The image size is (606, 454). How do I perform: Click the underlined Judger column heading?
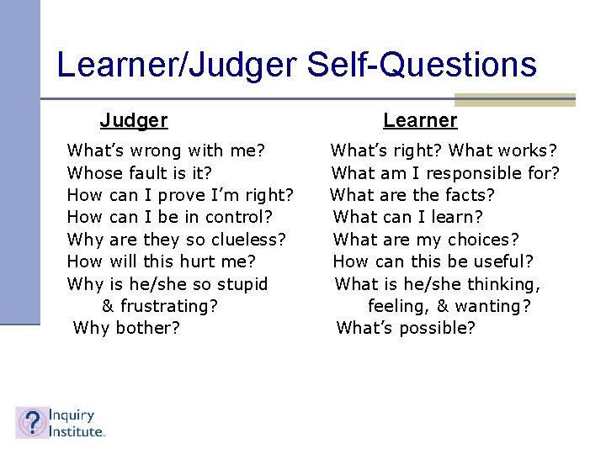134,121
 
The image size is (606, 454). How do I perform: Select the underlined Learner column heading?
420,121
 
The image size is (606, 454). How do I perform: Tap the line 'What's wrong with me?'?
167,151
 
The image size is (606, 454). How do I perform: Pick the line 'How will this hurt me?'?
162,261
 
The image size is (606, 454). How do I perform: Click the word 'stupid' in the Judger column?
241,284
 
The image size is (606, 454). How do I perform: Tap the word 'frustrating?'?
168,306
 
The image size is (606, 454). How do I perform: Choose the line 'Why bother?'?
127,328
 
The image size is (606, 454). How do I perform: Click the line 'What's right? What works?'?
444,151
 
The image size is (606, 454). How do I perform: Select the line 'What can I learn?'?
408,218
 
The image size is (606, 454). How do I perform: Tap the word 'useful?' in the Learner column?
502,261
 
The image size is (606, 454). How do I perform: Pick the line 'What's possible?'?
406,328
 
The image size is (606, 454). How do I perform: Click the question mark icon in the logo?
32,423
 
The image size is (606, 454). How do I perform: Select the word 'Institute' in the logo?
76,431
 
